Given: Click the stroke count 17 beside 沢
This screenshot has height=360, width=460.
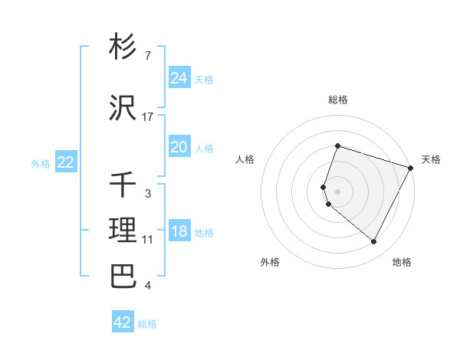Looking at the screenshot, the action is tap(148, 117).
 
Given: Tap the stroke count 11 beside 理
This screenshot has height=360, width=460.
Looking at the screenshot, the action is tap(148, 240).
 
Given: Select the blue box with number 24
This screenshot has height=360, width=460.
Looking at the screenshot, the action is tap(179, 78).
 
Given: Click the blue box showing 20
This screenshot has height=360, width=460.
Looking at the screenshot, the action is tap(179, 147).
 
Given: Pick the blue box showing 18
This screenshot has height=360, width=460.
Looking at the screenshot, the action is tap(179, 231).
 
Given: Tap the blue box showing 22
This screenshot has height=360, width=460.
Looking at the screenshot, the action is tap(65, 162).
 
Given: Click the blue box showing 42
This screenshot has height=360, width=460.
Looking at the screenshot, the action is tap(122, 322).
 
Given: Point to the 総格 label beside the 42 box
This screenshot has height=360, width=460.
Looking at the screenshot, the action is tap(147, 324).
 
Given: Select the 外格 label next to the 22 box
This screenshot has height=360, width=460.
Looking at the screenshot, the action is tap(41, 163).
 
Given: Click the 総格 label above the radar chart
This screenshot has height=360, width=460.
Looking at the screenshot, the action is tap(337, 100).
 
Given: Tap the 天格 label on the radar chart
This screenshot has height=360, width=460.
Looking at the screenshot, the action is tap(431, 159).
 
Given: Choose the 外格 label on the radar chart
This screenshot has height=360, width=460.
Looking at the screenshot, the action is tap(270, 262).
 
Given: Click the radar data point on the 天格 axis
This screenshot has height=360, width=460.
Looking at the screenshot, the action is tap(411, 168).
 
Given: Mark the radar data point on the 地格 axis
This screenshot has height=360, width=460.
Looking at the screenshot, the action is tap(374, 242).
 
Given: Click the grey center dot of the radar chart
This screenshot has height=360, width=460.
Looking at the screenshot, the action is tap(337, 191).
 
